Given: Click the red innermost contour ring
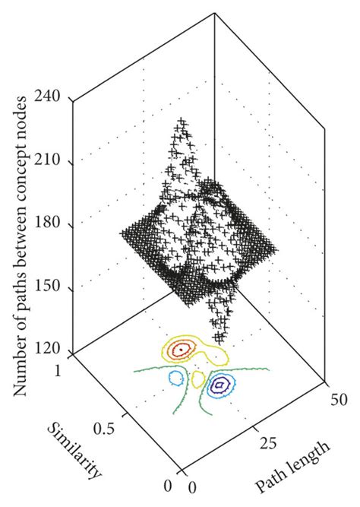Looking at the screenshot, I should (x=182, y=350).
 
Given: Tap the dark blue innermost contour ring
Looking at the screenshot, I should (x=220, y=386).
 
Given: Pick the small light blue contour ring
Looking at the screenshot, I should (x=178, y=378).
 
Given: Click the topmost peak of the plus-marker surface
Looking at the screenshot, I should (x=181, y=122).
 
